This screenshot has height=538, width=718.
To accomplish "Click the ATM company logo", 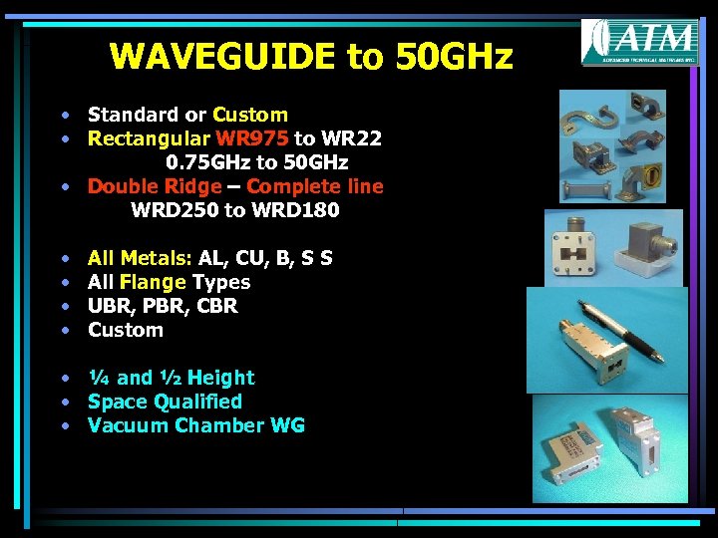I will [639, 42].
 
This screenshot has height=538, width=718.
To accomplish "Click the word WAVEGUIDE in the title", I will [224, 56].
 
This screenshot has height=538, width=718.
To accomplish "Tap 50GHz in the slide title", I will [454, 56].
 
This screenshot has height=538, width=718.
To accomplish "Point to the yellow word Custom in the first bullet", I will [250, 115].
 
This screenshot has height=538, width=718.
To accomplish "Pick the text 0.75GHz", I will [206, 162].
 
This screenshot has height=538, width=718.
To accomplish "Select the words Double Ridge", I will [155, 186].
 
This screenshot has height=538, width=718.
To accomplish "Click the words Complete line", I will [315, 186].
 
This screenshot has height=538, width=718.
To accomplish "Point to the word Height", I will [221, 378].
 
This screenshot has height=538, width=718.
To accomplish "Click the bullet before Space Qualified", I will [64, 403].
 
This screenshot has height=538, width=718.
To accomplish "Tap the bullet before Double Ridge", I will [64, 187].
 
